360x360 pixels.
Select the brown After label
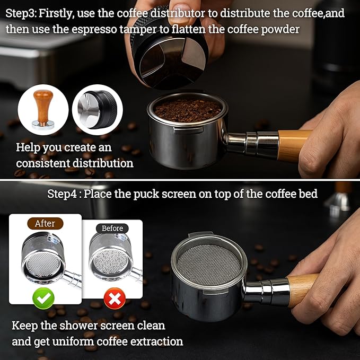45,223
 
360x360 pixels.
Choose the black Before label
112,229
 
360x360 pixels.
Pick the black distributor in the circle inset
97,110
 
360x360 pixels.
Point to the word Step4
63,194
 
